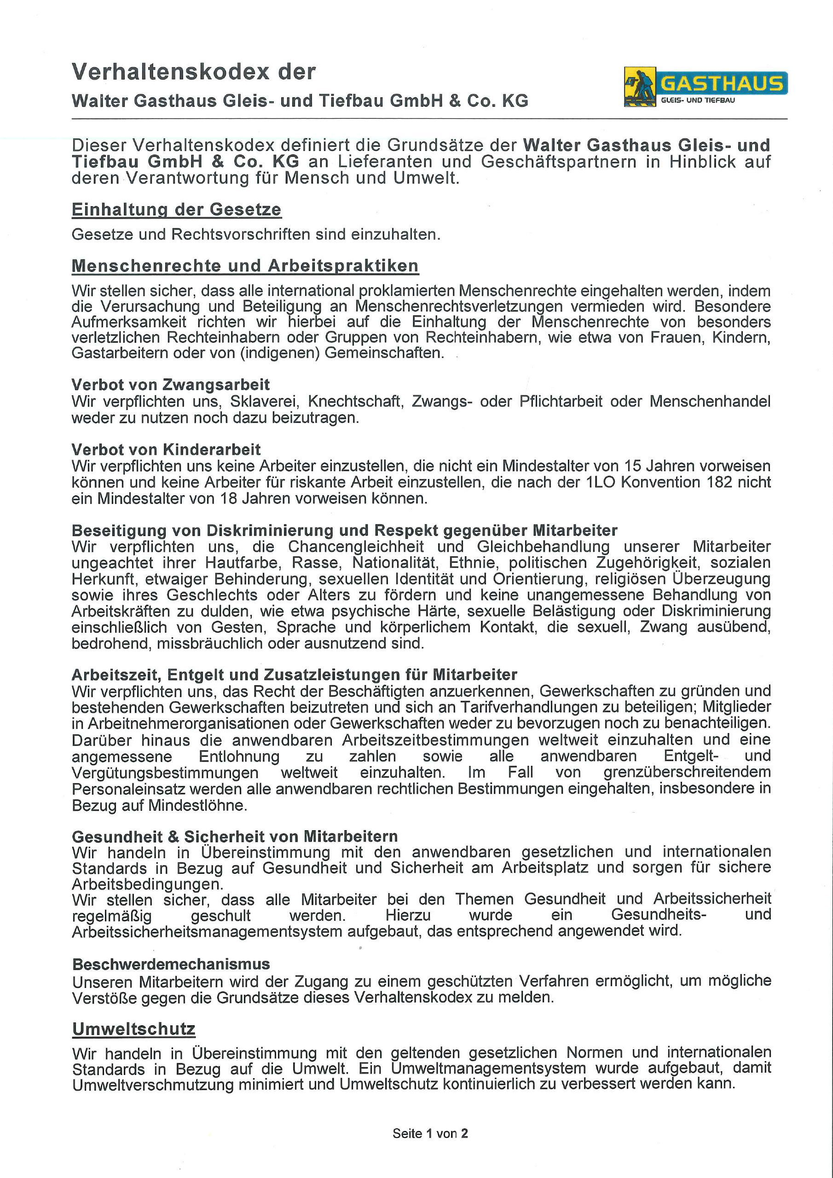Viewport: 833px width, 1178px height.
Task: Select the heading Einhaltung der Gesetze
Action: pyautogui.click(x=176, y=209)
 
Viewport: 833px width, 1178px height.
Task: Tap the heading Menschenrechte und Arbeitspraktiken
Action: pyautogui.click(x=245, y=266)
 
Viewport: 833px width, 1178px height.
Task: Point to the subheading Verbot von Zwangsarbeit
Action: pyautogui.click(x=170, y=384)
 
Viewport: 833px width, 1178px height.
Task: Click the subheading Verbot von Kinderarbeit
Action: pyautogui.click(x=166, y=450)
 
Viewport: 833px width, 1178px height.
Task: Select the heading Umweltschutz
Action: pyautogui.click(x=133, y=1029)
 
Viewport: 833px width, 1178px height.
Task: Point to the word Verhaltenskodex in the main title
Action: pyautogui.click(x=170, y=72)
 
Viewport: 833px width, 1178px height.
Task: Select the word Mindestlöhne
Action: pyautogui.click(x=197, y=806)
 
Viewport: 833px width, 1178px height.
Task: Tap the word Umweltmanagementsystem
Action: pyautogui.click(x=488, y=1069)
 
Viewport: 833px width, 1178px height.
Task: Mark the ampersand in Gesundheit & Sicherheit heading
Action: pyautogui.click(x=174, y=837)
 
